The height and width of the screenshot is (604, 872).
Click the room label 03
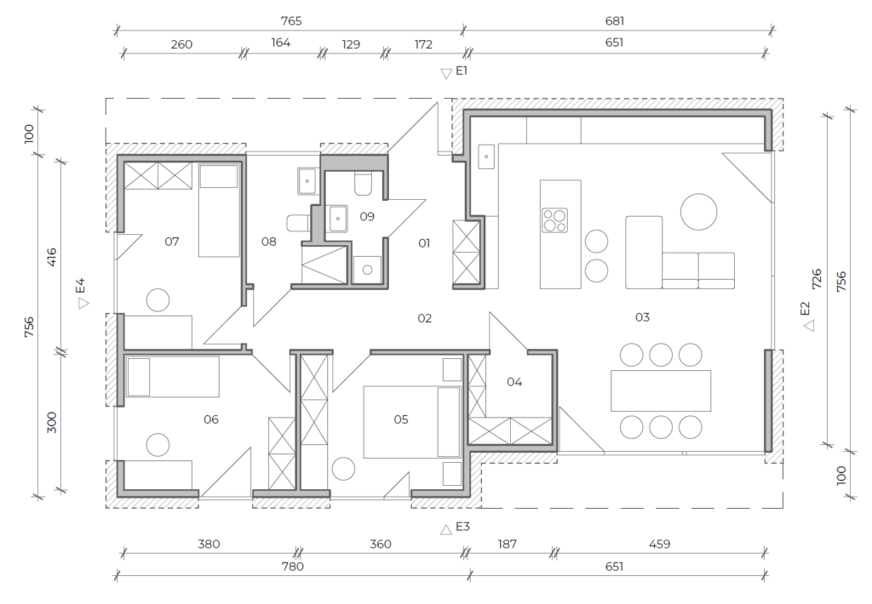pyautogui.click(x=642, y=317)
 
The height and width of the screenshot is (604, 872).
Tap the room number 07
pyautogui.click(x=172, y=241)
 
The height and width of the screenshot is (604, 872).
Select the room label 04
pyautogui.click(x=514, y=382)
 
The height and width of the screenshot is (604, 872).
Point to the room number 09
pyautogui.click(x=367, y=216)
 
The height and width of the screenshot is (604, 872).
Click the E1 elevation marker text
pyautogui.click(x=462, y=71)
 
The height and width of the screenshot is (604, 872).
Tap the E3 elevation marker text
pyautogui.click(x=462, y=527)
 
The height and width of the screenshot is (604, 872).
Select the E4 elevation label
pyautogui.click(x=81, y=286)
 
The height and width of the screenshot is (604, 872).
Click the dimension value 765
pyautogui.click(x=291, y=21)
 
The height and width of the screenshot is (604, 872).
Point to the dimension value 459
pyautogui.click(x=660, y=544)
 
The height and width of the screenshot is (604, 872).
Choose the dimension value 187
pyautogui.click(x=507, y=544)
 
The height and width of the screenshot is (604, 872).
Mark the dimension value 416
pyautogui.click(x=51, y=257)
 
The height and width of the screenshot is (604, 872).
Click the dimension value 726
pyautogui.click(x=817, y=279)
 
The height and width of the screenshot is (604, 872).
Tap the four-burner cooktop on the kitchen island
pyautogui.click(x=554, y=219)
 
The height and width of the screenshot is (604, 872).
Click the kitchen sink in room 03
pyautogui.click(x=486, y=157)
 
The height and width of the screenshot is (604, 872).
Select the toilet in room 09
pyautogui.click(x=363, y=184)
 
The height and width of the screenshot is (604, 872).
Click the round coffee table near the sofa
pyautogui.click(x=698, y=212)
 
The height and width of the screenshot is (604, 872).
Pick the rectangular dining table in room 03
pyautogui.click(x=661, y=390)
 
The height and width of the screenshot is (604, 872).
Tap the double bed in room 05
pyautogui.click(x=412, y=422)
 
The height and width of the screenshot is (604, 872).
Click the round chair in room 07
pyautogui.click(x=158, y=300)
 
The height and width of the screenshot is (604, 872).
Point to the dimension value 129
pyautogui.click(x=351, y=44)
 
